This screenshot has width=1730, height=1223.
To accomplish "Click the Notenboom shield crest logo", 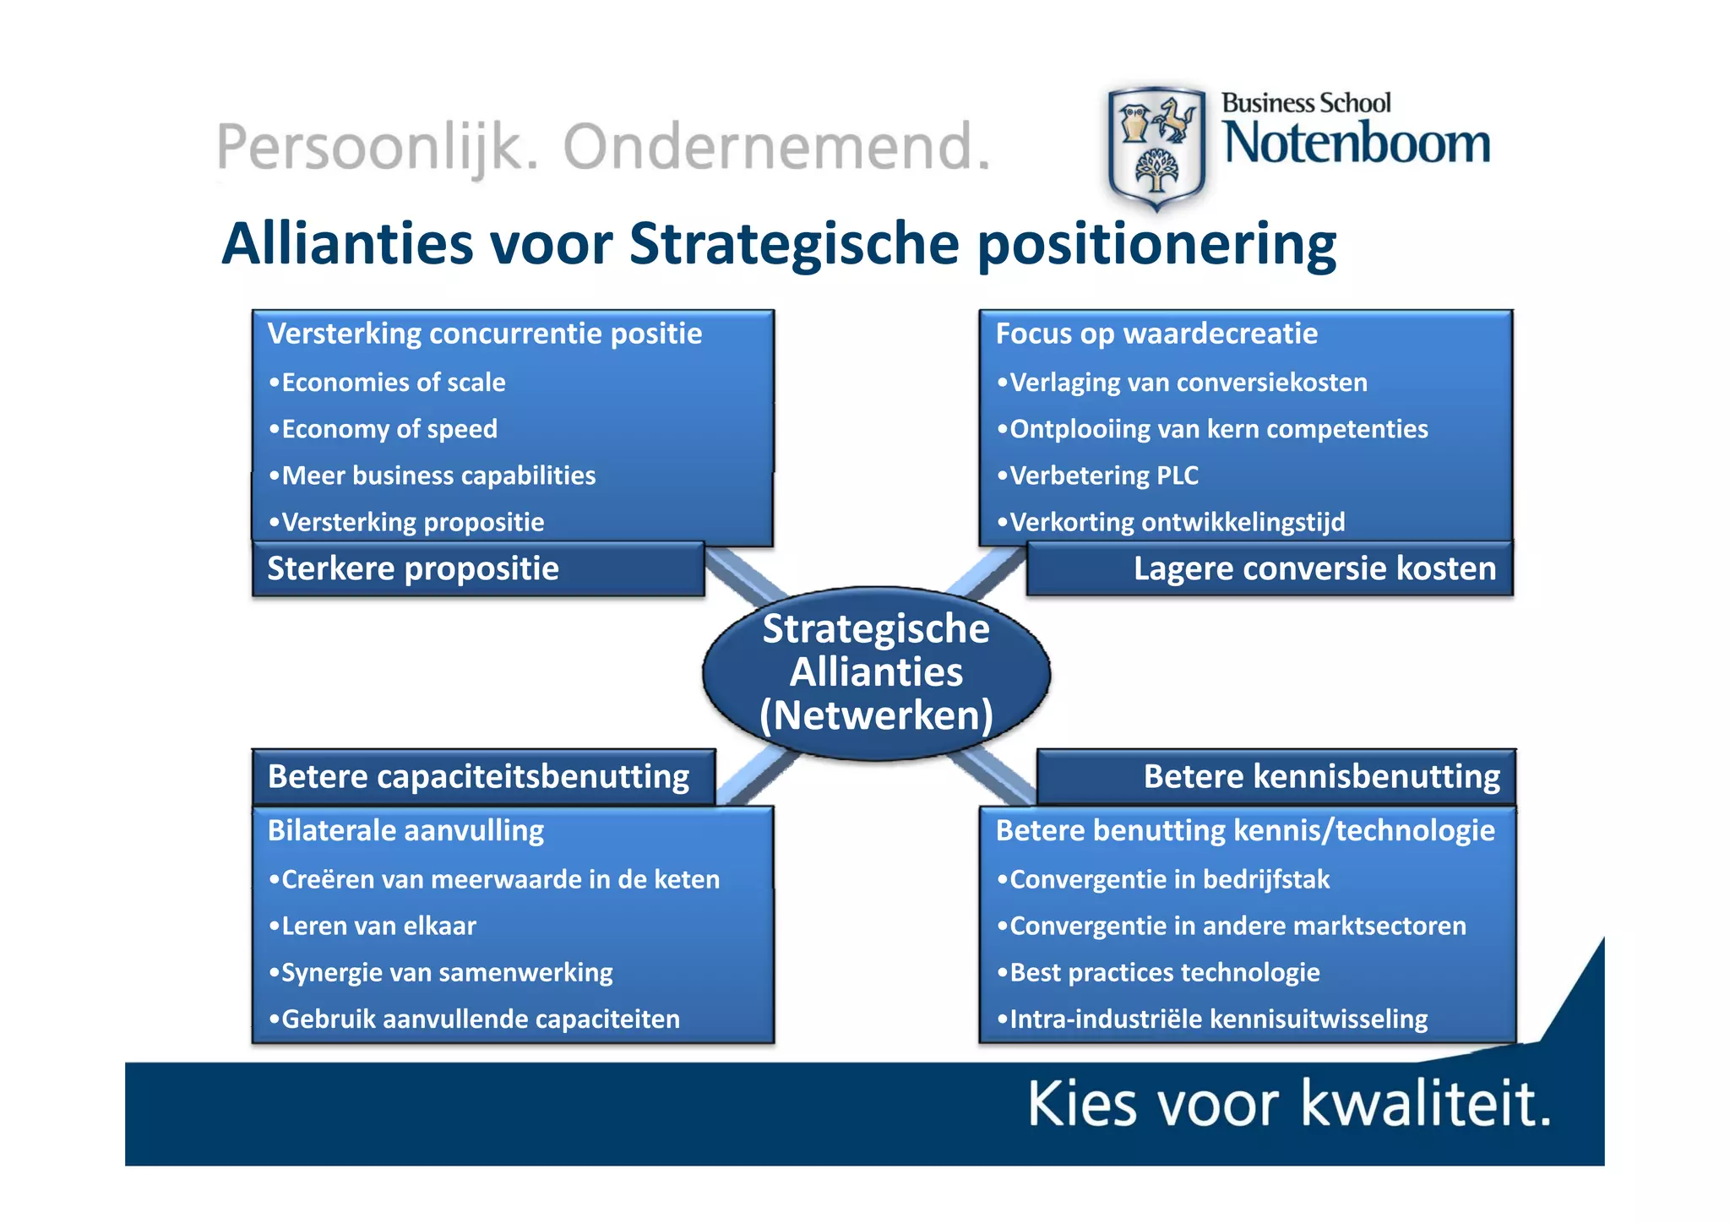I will click(x=1156, y=148).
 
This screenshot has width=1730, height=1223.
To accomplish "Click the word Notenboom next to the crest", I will click(x=1357, y=144).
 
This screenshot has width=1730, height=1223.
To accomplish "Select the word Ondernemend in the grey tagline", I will click(x=775, y=147).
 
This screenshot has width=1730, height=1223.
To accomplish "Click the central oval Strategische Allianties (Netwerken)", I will click(x=876, y=672).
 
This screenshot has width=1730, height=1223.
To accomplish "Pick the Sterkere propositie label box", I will click(x=478, y=569).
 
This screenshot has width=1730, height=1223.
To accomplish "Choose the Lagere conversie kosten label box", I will click(x=1269, y=569).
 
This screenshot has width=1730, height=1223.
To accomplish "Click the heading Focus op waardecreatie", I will click(x=1156, y=334).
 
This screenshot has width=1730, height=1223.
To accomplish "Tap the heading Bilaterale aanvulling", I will click(x=405, y=831).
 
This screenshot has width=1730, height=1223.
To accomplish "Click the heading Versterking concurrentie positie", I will click(x=484, y=334).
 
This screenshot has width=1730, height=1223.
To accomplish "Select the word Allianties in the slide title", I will click(x=347, y=245).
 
